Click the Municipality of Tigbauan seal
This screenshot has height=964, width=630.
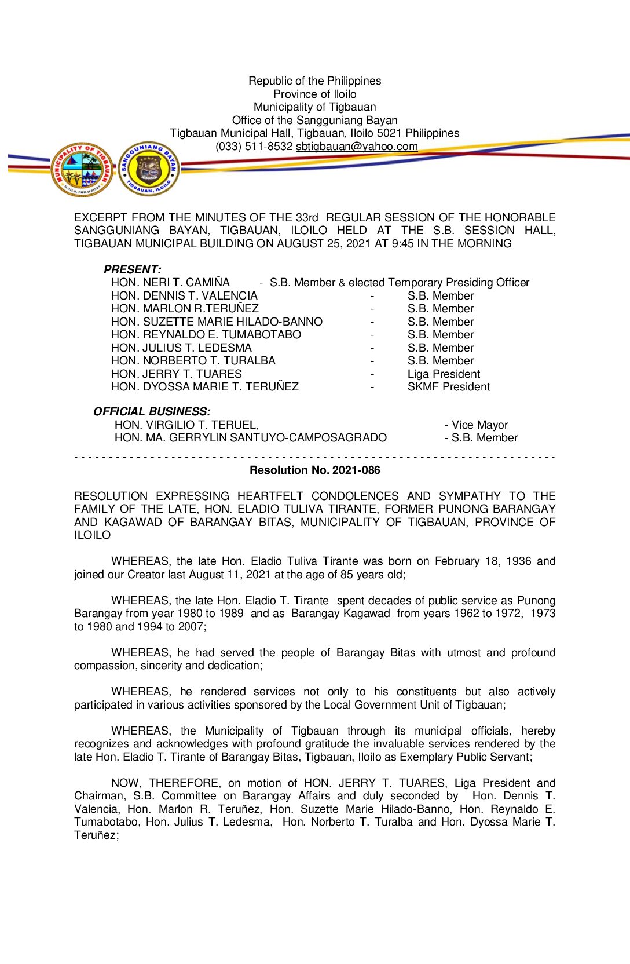[x=82, y=169]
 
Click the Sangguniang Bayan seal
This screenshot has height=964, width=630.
[x=149, y=169]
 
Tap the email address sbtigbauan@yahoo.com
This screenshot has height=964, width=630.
[x=357, y=147]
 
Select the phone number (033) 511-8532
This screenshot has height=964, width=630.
[x=254, y=147]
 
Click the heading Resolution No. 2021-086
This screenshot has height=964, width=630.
[x=314, y=470]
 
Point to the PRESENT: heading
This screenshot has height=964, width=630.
[x=132, y=269]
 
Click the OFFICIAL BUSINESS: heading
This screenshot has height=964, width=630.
[x=152, y=411]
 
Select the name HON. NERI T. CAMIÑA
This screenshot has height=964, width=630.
[x=170, y=283]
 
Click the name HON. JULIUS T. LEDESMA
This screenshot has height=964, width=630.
[x=181, y=348]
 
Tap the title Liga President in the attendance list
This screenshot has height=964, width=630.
[x=444, y=374]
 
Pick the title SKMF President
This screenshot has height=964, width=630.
[x=448, y=387]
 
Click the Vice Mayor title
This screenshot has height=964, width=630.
[x=479, y=425]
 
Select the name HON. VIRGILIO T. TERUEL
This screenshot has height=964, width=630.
[x=186, y=425]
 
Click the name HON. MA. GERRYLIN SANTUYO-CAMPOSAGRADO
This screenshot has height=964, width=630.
[x=250, y=438]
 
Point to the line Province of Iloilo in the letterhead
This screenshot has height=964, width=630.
[x=314, y=94]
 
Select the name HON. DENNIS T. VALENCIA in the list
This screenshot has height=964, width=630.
[x=184, y=296]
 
